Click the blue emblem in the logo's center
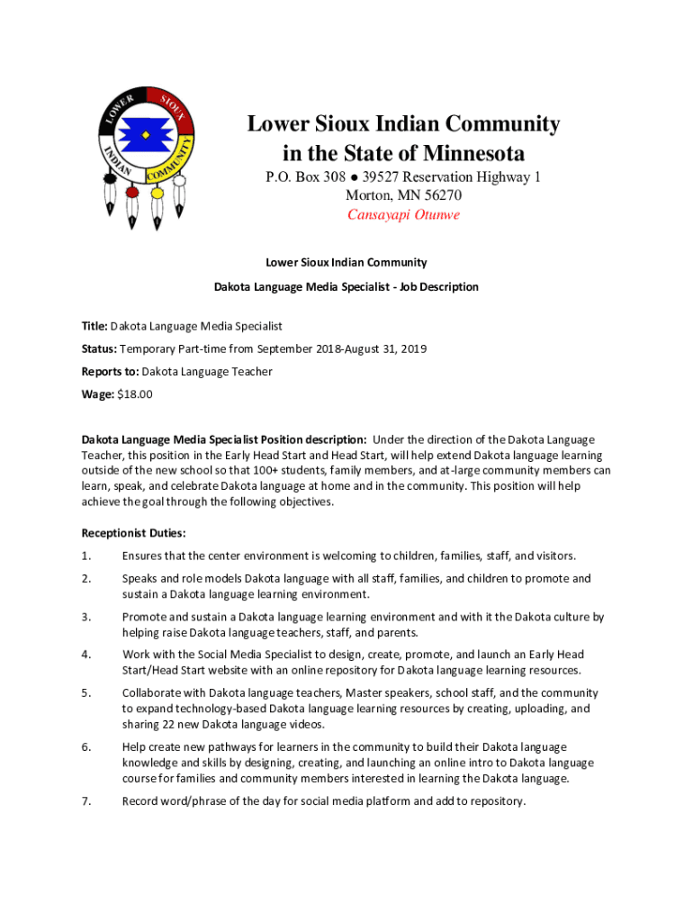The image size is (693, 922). (x=145, y=136)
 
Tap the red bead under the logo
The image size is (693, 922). (x=132, y=192)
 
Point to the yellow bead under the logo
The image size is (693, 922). (x=157, y=193)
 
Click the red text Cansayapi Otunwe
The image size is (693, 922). (x=403, y=215)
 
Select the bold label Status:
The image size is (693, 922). (x=100, y=348)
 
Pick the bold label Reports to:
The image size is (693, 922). (x=110, y=371)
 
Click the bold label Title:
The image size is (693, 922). (x=94, y=326)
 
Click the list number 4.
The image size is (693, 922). (x=85, y=655)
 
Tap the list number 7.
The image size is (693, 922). (x=85, y=801)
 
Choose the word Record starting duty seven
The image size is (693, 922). (x=142, y=801)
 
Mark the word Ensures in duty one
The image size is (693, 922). (x=144, y=556)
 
